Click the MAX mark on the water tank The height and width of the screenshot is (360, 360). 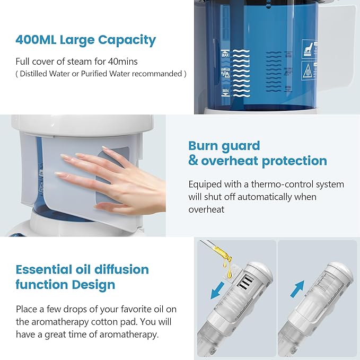[x=225, y=54]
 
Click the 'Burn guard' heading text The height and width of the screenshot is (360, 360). [x=224, y=146]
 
